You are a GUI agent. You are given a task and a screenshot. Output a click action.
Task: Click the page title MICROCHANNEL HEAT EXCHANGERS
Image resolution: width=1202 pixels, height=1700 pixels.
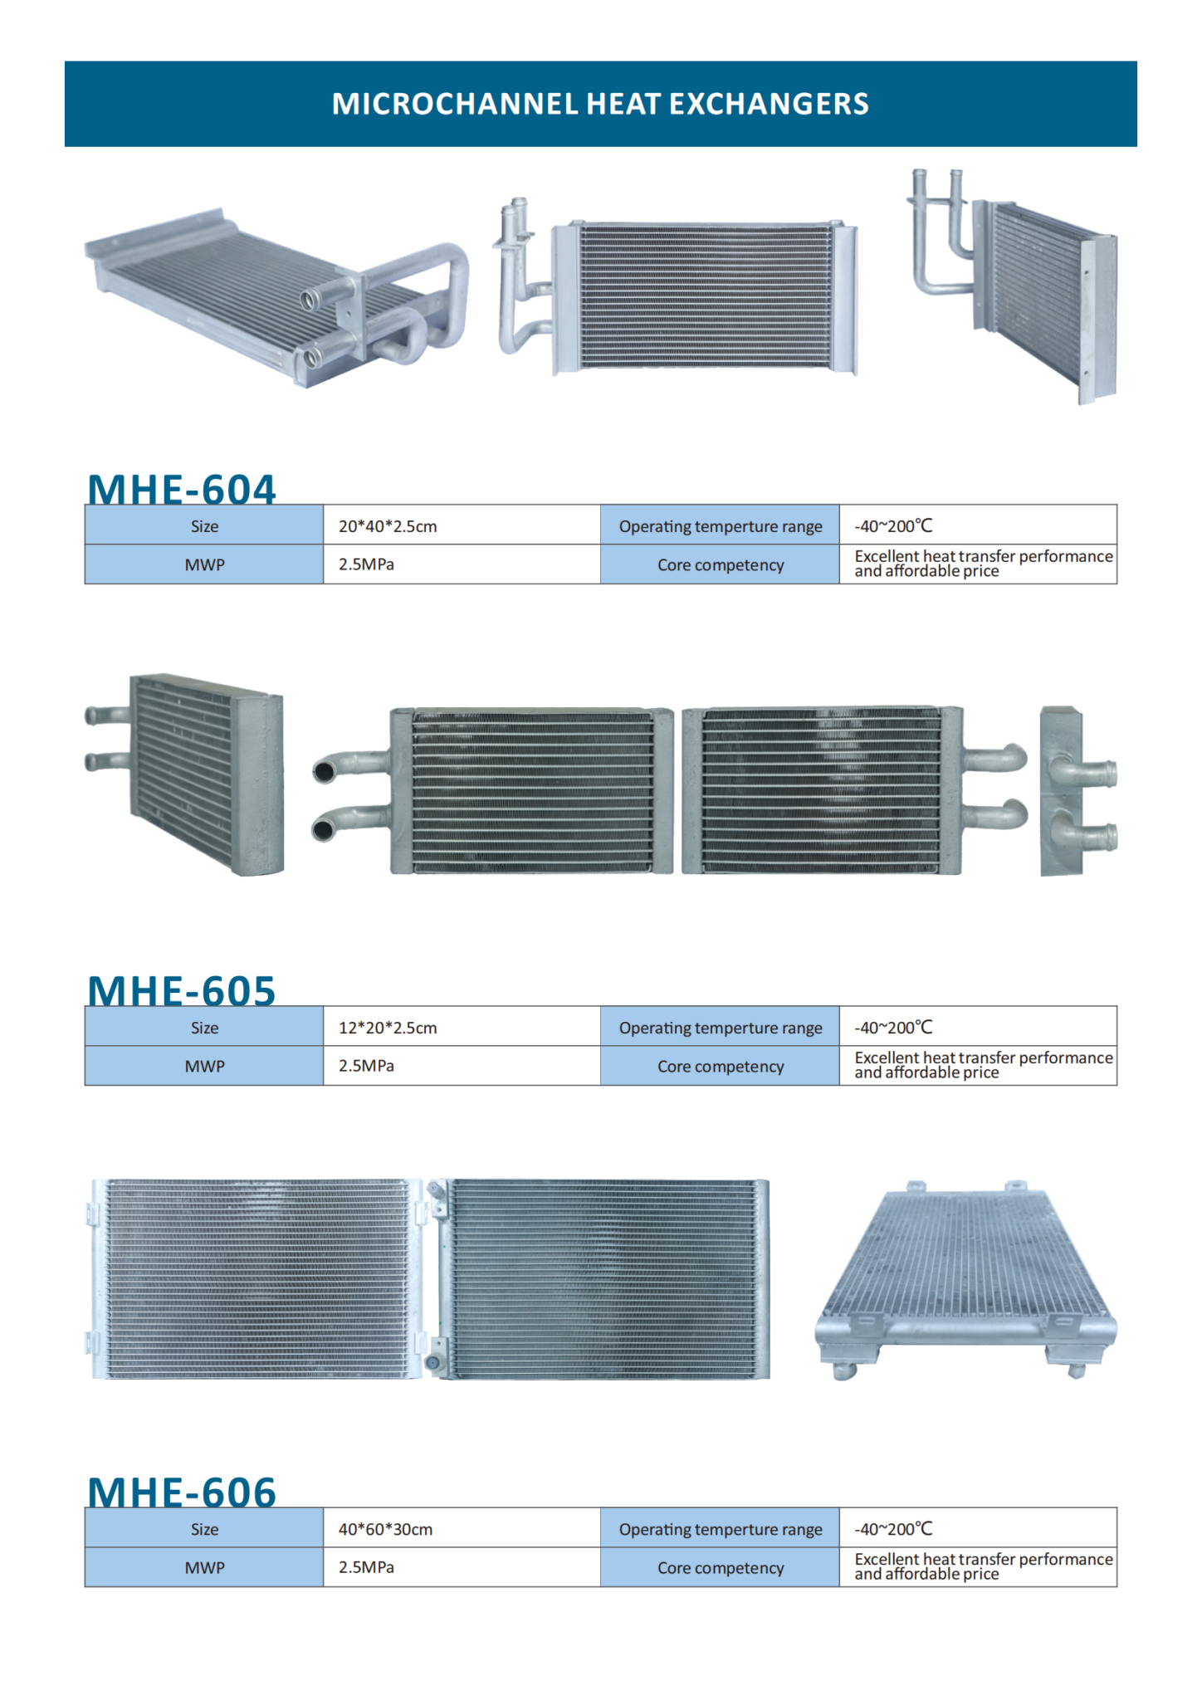(x=600, y=104)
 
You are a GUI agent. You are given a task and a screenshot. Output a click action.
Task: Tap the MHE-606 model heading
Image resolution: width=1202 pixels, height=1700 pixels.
(x=182, y=1492)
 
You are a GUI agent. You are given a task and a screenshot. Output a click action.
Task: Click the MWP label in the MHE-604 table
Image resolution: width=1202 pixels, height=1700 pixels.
(x=204, y=565)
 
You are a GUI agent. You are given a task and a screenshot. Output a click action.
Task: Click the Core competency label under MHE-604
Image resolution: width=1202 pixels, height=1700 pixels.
(x=721, y=565)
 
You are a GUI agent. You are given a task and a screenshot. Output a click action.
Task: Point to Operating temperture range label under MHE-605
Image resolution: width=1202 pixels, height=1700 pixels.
(x=721, y=1028)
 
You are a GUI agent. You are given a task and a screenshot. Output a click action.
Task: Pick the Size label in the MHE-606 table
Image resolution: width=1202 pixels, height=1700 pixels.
(x=204, y=1529)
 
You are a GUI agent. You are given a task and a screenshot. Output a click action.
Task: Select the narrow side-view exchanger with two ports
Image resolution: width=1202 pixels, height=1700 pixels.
(x=1077, y=791)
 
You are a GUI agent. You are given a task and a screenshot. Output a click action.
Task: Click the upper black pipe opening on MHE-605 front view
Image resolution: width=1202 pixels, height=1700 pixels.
(x=324, y=772)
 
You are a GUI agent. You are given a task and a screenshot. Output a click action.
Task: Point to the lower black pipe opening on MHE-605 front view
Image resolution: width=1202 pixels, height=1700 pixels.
(x=323, y=829)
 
